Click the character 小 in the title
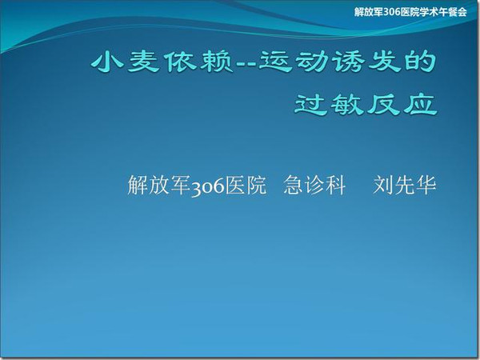[107, 62]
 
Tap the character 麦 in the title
[144, 62]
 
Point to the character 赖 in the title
[217, 62]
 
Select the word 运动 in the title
[293, 62]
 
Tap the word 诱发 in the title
[366, 62]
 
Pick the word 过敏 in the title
[329, 104]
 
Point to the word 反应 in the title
[402, 104]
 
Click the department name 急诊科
[314, 185]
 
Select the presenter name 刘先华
[404, 185]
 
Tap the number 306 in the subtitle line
[208, 187]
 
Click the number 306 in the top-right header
[392, 12]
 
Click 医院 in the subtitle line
[246, 185]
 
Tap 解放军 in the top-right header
[369, 12]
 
